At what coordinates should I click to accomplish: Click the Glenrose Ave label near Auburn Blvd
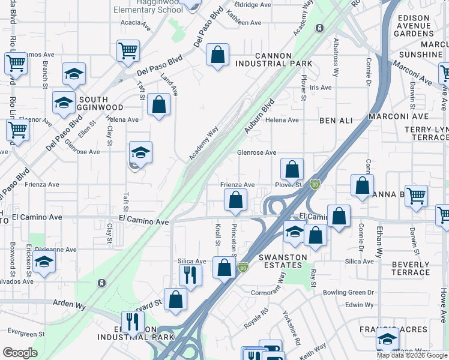(x=256, y=152)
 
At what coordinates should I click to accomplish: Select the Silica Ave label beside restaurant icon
(x=192, y=262)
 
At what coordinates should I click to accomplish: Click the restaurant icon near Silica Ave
(x=190, y=275)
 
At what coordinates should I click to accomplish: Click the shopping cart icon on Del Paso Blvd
(x=128, y=51)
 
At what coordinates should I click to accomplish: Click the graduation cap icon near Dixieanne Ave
(x=44, y=262)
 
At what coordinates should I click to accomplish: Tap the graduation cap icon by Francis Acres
(x=388, y=339)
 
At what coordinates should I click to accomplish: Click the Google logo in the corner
(x=20, y=353)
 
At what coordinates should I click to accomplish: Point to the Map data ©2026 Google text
(x=412, y=355)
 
